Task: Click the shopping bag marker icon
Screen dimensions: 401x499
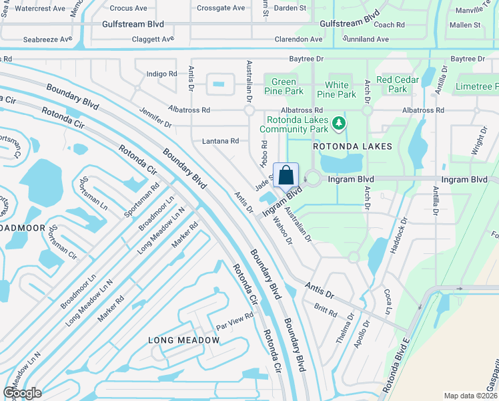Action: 286,175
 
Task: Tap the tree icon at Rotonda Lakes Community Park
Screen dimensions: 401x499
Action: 340,122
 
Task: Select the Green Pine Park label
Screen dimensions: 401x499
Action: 284,86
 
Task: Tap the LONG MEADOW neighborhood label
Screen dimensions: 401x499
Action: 183,340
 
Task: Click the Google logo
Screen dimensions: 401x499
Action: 23,393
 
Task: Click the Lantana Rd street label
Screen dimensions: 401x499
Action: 220,141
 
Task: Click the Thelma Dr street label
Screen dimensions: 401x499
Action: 344,331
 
